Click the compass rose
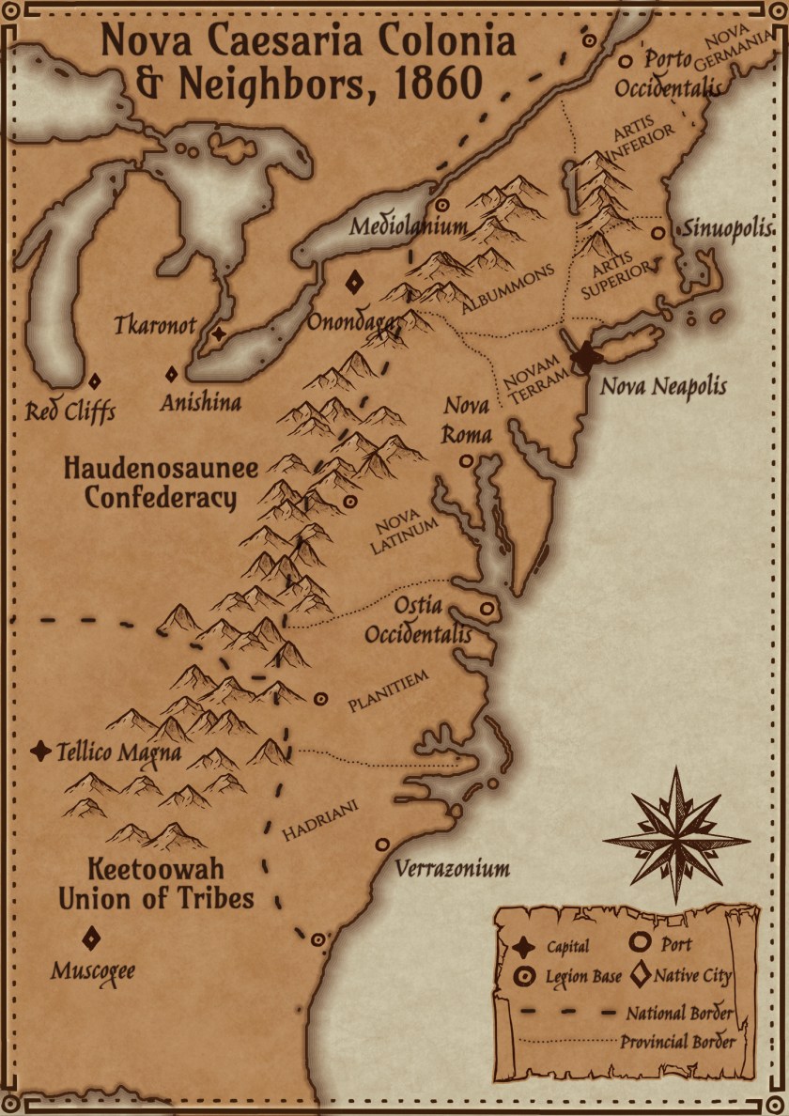(x=676, y=836)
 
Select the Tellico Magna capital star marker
(x=40, y=752)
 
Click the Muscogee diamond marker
(x=91, y=938)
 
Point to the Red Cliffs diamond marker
(x=94, y=381)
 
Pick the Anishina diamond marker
(x=172, y=374)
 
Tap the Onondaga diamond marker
(x=355, y=282)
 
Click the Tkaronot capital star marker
(x=219, y=333)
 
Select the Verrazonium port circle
(x=382, y=845)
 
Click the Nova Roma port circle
(x=465, y=461)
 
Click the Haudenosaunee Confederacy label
(x=161, y=483)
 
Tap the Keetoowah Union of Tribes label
(x=156, y=883)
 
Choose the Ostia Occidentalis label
(x=418, y=620)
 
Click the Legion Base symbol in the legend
(x=520, y=976)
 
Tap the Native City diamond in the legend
(x=642, y=976)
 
